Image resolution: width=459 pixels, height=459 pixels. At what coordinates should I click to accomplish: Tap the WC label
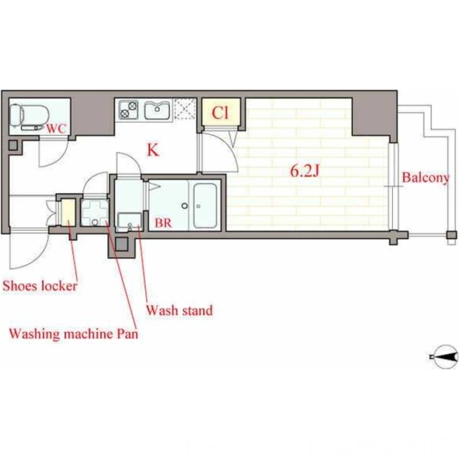(57, 129)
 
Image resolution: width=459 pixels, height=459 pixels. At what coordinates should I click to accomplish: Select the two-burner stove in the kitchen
(129, 110)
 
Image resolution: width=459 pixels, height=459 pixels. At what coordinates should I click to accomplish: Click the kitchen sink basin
(157, 110)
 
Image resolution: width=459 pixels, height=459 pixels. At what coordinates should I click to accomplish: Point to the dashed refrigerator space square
(184, 109)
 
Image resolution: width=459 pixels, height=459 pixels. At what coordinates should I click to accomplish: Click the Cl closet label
(220, 112)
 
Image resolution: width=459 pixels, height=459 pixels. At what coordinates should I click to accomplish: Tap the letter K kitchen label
(153, 150)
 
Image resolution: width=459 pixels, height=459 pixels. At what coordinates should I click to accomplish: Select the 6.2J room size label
(305, 171)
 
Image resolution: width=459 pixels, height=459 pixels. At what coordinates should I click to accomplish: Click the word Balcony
(425, 178)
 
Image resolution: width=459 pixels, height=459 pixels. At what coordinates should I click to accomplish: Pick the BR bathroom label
(163, 223)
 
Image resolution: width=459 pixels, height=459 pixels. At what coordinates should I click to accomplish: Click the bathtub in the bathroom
(205, 205)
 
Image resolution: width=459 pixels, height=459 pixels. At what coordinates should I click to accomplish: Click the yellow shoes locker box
(68, 212)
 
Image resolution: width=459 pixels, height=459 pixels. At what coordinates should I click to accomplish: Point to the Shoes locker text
(40, 286)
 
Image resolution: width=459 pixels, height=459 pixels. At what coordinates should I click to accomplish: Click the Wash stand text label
(180, 310)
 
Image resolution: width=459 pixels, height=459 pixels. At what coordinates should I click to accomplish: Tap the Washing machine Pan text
(73, 334)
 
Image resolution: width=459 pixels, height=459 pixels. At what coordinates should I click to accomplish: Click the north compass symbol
(445, 357)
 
